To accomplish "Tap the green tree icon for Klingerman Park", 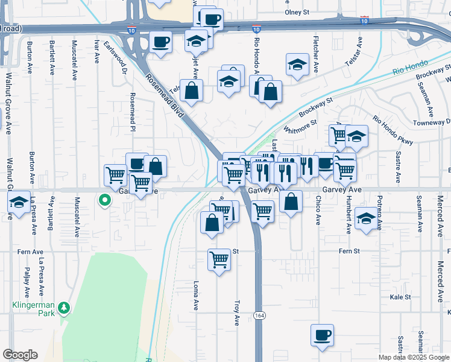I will tap(64, 310).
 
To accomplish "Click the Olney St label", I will tap(297, 12).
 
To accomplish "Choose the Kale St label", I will tap(400, 297).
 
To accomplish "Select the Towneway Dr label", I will tap(429, 122).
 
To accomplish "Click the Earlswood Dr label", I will tap(117, 57).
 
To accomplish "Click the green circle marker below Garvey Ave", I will tap(105, 200).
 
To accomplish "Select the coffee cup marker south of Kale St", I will tap(323, 335).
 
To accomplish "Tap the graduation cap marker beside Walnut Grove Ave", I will tap(19, 203).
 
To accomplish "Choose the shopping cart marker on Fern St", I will tap(219, 259).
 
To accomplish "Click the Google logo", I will tap(20, 355).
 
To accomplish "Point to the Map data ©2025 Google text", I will tap(413, 357).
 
